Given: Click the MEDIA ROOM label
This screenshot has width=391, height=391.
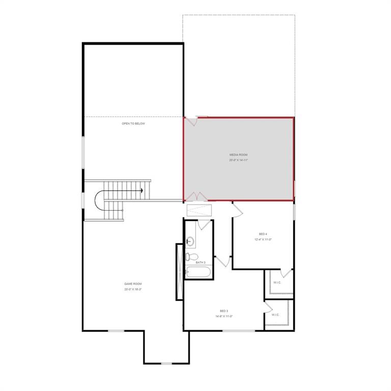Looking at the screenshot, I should (238, 154).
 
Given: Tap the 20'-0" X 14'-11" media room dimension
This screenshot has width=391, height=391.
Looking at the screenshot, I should (238, 160).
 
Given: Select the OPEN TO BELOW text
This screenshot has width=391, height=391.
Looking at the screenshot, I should (133, 123).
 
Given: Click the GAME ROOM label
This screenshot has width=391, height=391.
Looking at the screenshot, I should (133, 284).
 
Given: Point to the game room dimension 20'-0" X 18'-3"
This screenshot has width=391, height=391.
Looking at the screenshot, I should (133, 289).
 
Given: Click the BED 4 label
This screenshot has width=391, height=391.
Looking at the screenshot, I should (263, 234).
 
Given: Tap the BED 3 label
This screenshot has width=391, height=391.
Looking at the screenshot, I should (224, 311).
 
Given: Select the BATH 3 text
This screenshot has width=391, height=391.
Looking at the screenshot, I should (201, 262).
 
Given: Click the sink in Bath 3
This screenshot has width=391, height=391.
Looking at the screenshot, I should (191, 241).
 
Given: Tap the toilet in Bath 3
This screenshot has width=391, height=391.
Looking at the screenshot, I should (191, 256).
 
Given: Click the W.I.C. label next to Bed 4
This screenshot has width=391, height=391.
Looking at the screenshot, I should (277, 282).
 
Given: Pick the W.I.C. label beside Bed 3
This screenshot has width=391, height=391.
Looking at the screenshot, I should (275, 315).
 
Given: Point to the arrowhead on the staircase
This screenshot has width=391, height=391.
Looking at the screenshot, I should (141, 190).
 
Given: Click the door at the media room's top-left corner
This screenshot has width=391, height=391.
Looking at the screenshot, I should (191, 121).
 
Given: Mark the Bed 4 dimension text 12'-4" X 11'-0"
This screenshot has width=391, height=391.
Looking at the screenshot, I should (263, 239).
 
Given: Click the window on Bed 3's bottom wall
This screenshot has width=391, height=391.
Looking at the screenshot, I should (239, 331).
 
